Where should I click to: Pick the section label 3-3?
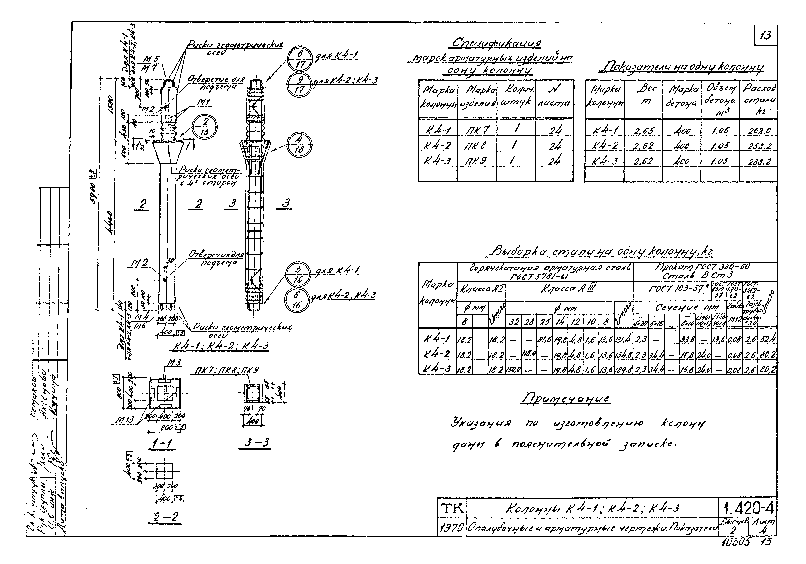point(257,443)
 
